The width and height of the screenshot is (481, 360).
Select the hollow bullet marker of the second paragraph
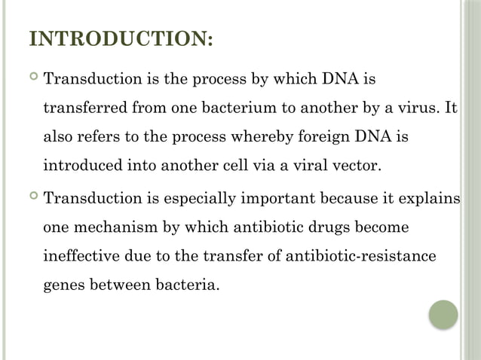point(32,199)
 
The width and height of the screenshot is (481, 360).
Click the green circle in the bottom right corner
point(443,314)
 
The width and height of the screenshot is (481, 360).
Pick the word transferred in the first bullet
point(84,107)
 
